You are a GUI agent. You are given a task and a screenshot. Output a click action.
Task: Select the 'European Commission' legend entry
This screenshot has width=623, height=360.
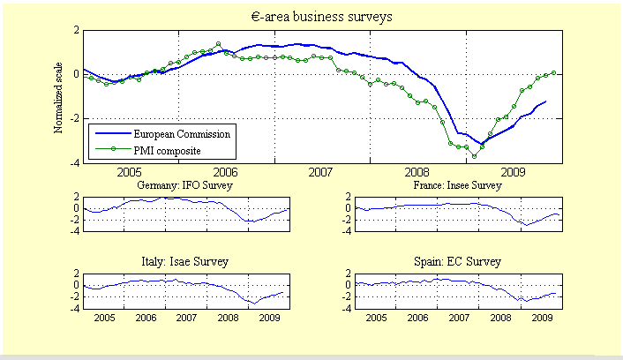click(182, 134)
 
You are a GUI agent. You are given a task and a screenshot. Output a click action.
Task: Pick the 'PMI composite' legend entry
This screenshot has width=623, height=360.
click(167, 150)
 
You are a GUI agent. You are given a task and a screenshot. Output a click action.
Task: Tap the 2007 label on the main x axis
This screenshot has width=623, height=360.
click(321, 172)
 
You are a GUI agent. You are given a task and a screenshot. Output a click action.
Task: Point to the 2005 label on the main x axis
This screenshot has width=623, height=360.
click(130, 172)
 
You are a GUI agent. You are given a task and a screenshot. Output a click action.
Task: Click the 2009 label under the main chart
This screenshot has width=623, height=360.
click(512, 172)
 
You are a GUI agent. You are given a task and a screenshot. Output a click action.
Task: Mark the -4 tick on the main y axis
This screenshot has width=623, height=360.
click(75, 163)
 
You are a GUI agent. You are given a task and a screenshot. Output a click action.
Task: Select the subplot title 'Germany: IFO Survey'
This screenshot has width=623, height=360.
click(182, 186)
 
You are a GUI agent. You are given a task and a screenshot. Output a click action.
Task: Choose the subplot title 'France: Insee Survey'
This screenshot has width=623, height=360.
click(457, 186)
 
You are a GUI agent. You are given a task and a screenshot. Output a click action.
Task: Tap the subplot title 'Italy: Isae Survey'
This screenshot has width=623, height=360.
click(183, 262)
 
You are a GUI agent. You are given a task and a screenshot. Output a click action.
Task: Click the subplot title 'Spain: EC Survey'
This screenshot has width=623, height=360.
click(457, 262)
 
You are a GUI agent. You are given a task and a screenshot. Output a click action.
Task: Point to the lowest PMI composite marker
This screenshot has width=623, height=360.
click(474, 156)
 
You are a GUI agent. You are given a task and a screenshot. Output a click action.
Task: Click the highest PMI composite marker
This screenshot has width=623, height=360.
click(218, 43)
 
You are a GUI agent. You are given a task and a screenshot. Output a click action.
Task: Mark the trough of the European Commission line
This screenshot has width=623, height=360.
click(482, 143)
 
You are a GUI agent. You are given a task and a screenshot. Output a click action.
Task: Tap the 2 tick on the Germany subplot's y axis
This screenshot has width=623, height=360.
click(78, 197)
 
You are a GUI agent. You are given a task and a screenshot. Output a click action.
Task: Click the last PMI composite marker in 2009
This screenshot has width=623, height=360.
click(554, 72)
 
